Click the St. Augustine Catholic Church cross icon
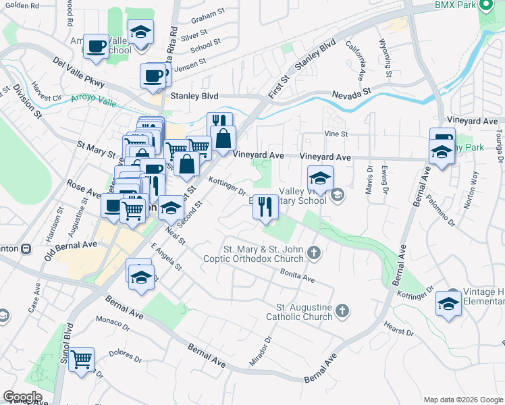(342, 310)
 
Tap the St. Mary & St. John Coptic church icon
(313, 253)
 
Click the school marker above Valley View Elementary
(321, 178)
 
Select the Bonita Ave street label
(298, 275)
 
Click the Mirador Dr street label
(260, 352)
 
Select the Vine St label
(336, 134)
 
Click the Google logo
(22, 397)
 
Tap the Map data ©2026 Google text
(462, 400)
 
